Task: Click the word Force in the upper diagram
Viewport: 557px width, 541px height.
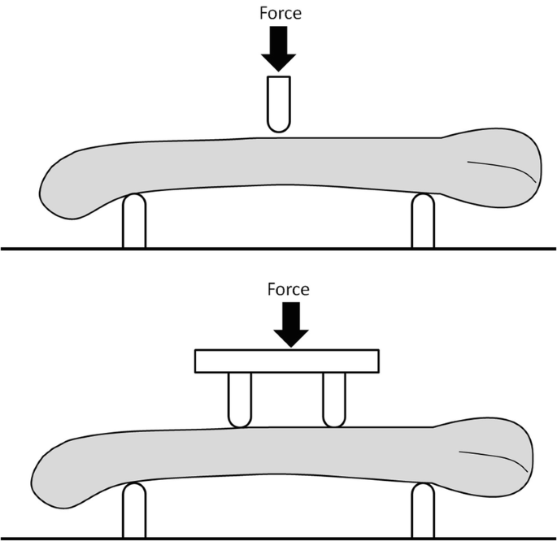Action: (281, 13)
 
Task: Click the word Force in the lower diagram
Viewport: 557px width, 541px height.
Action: (288, 289)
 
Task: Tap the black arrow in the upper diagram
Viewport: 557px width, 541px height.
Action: (278, 49)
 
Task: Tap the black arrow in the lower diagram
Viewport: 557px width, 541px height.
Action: (291, 325)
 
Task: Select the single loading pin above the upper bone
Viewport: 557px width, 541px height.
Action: (279, 104)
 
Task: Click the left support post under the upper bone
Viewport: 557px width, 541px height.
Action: (134, 221)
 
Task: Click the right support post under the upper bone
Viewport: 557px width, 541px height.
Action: (423, 221)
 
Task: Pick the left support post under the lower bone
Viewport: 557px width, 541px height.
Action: (134, 510)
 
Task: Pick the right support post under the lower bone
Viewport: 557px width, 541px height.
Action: (423, 510)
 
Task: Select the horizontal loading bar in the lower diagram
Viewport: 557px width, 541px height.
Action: (287, 361)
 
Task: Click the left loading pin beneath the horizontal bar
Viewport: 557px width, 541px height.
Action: (240, 400)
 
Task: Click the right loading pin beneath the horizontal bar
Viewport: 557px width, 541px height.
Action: (334, 400)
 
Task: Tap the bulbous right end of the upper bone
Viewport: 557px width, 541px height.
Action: (498, 167)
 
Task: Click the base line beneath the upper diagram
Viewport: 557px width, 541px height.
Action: (278, 249)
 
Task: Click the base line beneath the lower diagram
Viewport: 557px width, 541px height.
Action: (278, 539)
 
